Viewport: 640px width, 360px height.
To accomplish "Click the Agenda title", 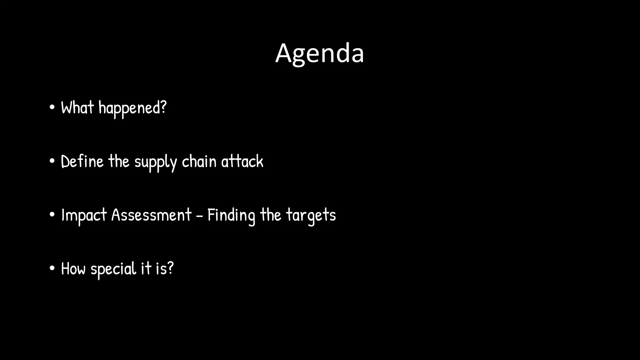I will (x=319, y=54).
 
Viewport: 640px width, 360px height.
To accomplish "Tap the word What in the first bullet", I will (x=77, y=108).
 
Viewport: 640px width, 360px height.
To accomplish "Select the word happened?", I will (x=132, y=108).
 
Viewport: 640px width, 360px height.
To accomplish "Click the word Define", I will (x=82, y=162).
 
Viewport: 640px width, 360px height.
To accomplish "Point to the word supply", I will (x=156, y=162).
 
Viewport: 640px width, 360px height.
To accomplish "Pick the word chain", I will (x=199, y=162).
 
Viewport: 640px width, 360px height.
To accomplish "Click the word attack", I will (x=242, y=162).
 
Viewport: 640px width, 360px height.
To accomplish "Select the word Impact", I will (x=84, y=216).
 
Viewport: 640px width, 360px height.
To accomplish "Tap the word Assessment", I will (x=151, y=215).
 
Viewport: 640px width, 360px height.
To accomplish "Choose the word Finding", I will (x=231, y=216).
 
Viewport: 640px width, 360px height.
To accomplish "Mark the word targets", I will (x=311, y=216).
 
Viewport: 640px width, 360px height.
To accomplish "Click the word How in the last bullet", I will (x=73, y=269).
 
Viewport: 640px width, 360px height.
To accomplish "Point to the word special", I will (x=113, y=269).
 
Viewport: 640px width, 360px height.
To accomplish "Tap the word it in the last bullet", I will (x=146, y=269).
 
